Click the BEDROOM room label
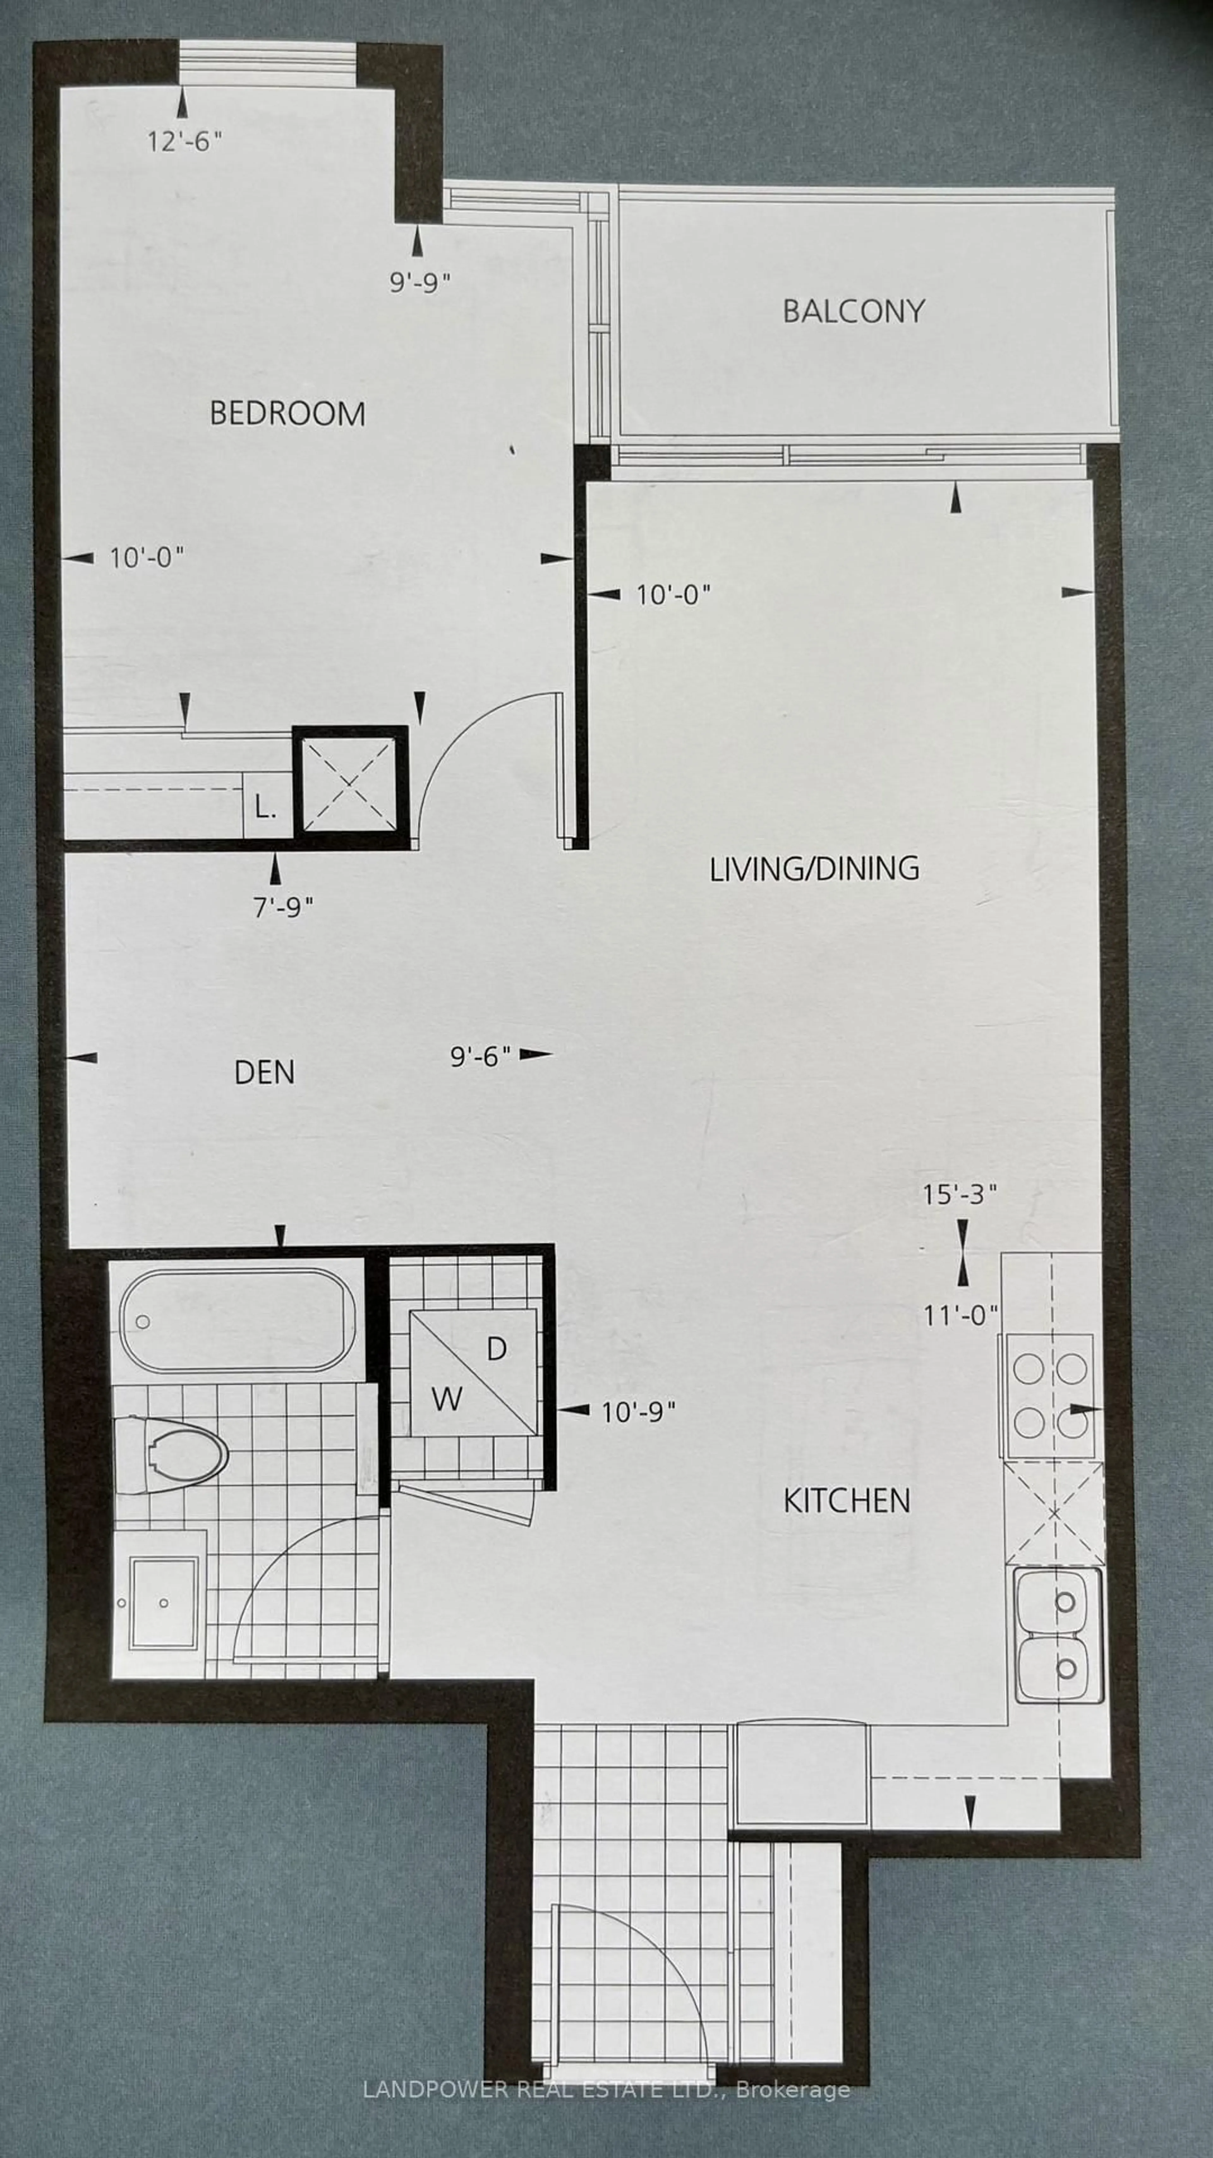click(x=287, y=414)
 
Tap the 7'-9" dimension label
click(x=283, y=907)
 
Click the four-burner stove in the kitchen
click(x=1049, y=1395)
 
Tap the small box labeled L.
click(x=266, y=809)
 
